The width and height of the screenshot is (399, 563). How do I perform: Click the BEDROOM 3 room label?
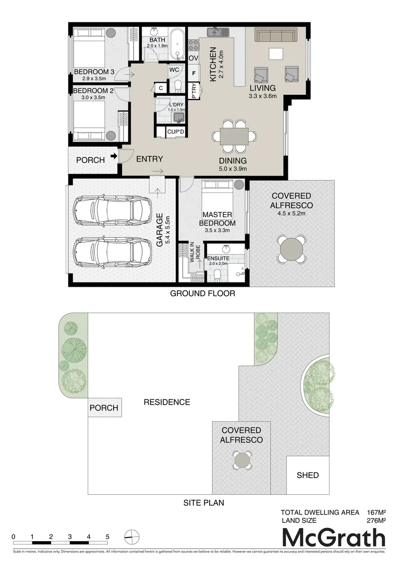coord(94,71)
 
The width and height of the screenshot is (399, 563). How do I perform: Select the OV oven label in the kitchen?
coord(194,58)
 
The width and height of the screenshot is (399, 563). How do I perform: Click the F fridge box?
coord(194,74)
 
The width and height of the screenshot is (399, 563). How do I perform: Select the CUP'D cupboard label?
coord(175,132)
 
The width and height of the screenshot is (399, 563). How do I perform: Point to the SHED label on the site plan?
coord(307,475)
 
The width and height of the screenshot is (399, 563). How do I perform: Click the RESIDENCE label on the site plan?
coord(167,402)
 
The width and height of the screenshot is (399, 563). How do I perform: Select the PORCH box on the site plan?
coord(104,408)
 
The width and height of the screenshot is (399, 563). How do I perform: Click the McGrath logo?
coord(334,537)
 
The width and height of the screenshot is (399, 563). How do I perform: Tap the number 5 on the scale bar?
coord(107,536)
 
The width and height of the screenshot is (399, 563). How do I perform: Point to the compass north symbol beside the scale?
coord(132,536)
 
